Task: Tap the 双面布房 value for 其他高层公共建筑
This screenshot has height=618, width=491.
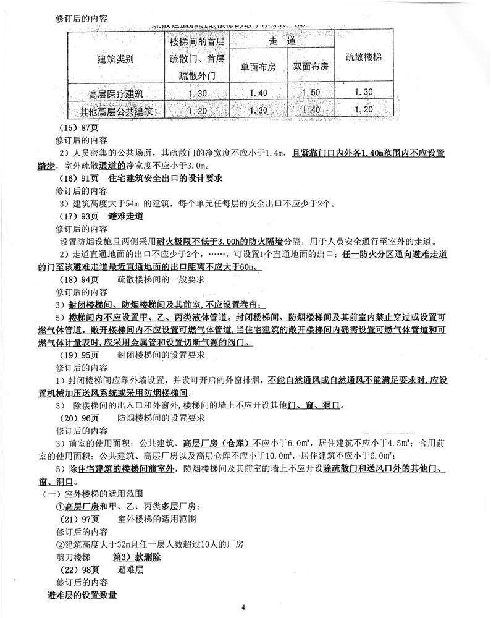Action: (x=310, y=111)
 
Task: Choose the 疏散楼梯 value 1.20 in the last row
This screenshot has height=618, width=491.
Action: (x=364, y=110)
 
